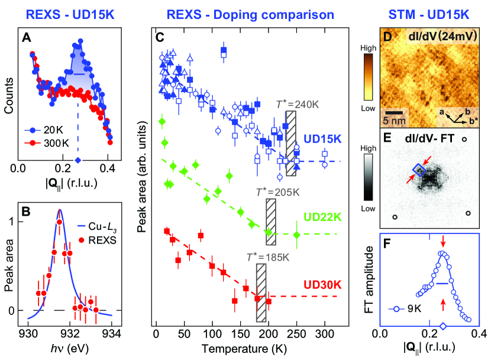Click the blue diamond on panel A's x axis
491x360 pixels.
pyautogui.click(x=78, y=161)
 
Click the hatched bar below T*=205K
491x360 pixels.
pyautogui.click(x=271, y=222)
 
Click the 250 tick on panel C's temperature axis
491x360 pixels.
pyautogui.click(x=297, y=333)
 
